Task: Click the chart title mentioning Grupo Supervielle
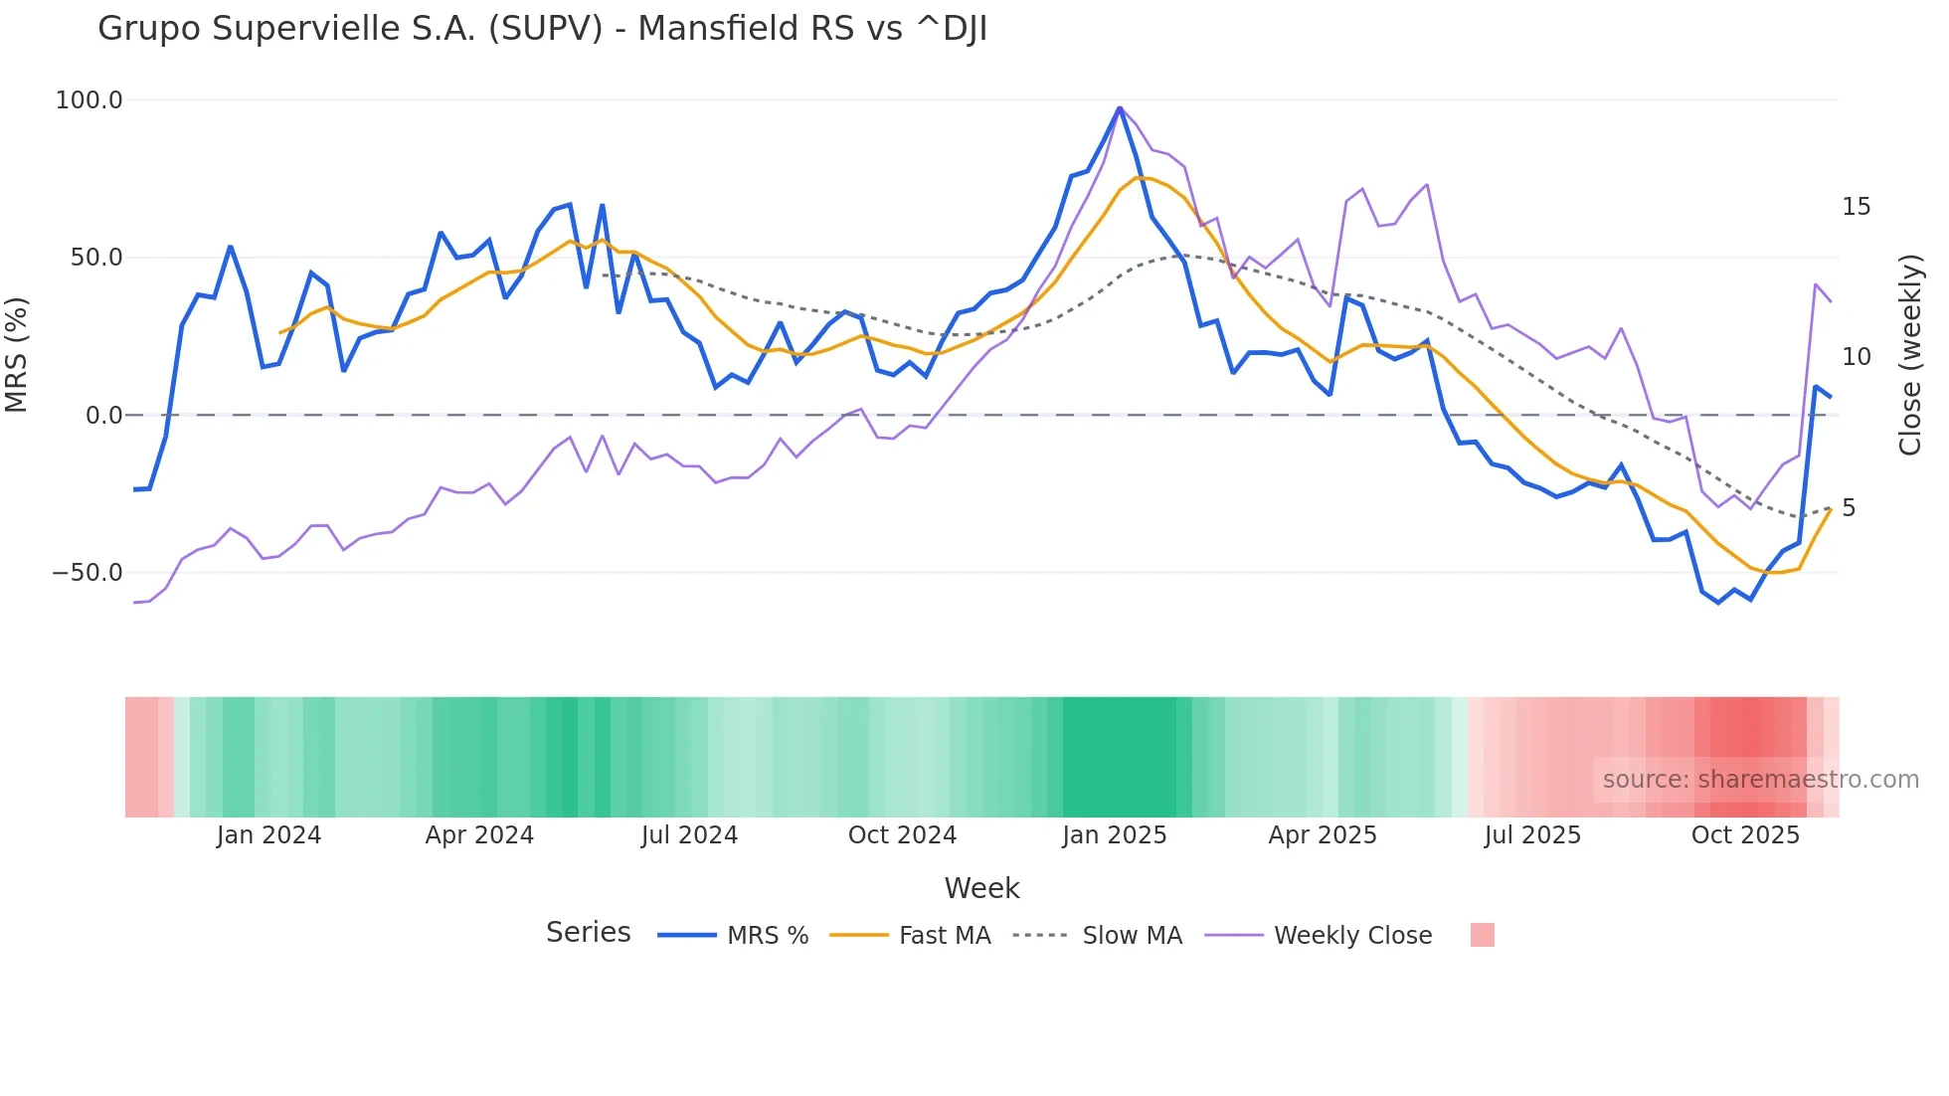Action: pos(542,29)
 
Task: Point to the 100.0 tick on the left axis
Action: pos(89,100)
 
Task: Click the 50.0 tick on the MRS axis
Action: pos(96,258)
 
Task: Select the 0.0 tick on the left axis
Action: pos(103,416)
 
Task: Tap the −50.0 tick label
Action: pos(88,573)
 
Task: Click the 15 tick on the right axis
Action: pos(1856,207)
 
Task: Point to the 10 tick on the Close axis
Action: pos(1856,357)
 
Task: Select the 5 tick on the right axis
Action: pos(1849,508)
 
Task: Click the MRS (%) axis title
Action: pos(16,354)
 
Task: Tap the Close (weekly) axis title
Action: pos(1909,355)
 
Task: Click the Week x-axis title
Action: pos(981,888)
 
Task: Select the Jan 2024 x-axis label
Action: pos(268,835)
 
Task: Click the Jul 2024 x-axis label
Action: pos(689,835)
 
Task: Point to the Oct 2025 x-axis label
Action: pos(1745,835)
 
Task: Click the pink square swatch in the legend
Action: pos(1482,935)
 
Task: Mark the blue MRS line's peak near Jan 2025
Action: pos(1120,108)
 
